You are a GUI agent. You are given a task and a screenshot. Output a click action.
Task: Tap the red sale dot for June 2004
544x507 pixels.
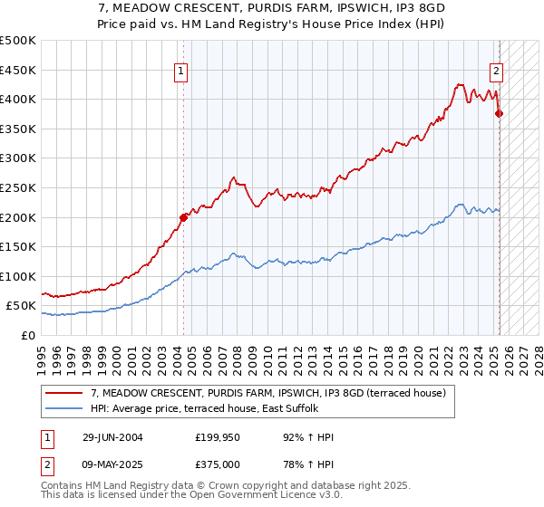183,217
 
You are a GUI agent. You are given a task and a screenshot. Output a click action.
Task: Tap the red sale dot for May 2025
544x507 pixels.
499,113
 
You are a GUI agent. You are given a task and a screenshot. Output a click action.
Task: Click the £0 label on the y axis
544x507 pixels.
27,335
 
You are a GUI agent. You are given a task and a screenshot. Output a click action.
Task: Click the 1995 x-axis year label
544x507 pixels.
42,353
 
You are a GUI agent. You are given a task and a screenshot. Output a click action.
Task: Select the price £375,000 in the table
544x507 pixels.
216,464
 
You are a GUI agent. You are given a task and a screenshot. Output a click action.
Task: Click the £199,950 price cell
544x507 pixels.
216,437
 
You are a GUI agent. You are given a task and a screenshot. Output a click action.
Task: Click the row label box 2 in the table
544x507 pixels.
47,464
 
